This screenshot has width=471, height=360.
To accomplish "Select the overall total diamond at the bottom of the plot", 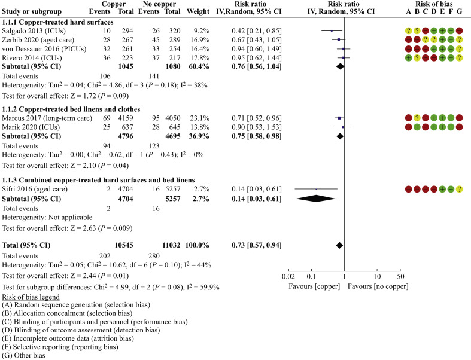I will tap(339, 246).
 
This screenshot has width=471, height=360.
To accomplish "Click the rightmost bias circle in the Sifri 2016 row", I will tap(459, 189).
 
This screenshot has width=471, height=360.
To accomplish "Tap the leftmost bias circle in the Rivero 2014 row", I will tap(409, 58).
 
